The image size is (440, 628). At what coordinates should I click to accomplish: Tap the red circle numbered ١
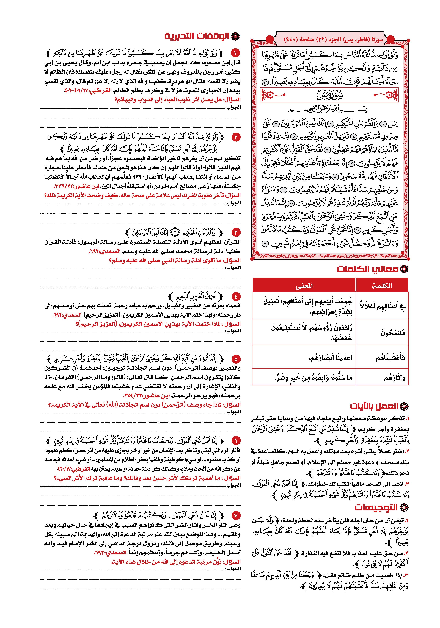coord(235,52)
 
